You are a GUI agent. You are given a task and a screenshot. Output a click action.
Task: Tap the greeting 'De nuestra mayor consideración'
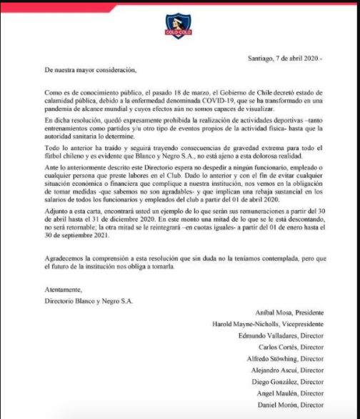coord(89,70)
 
